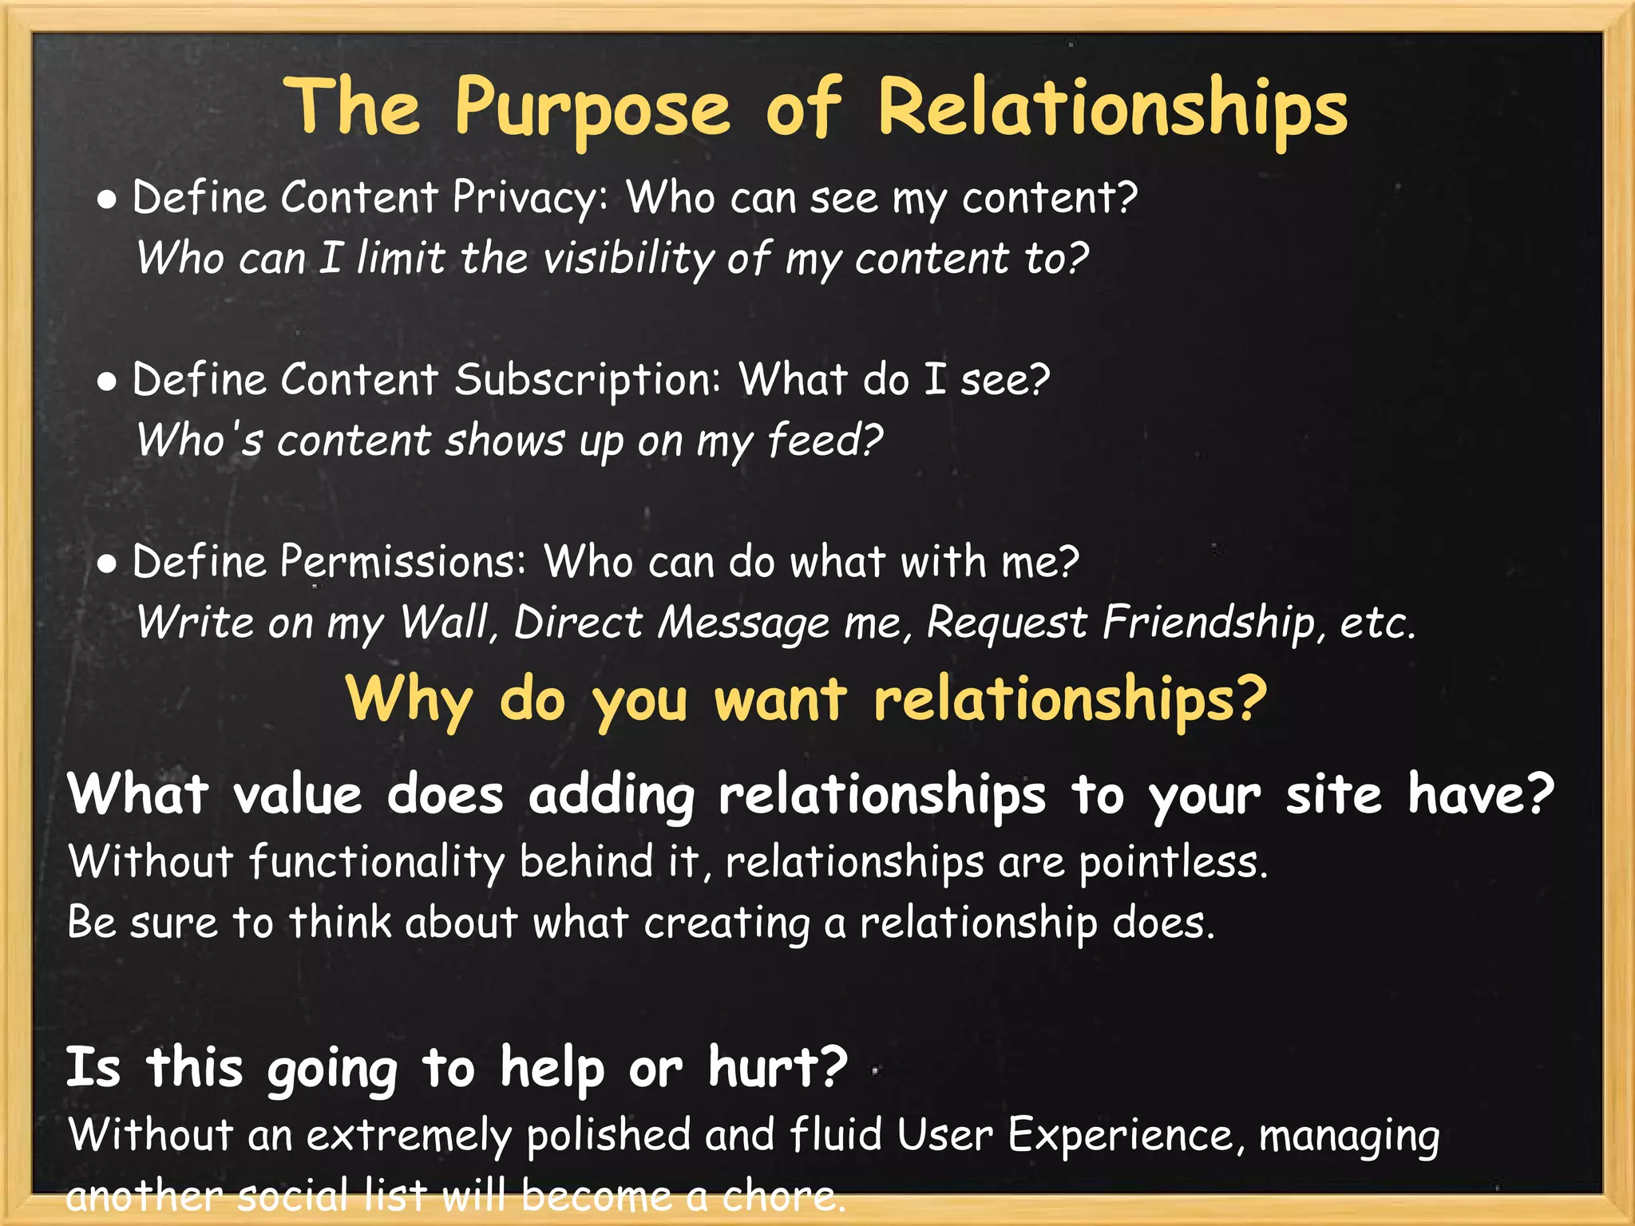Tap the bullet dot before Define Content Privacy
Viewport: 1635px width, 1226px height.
tap(107, 201)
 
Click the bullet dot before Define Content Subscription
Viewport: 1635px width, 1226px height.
tap(107, 382)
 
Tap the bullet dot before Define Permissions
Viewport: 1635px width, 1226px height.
tap(107, 565)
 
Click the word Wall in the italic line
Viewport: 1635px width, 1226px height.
tap(448, 623)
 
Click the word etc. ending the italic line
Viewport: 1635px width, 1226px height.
tap(1377, 623)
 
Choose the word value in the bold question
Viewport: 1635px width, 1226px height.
tap(298, 795)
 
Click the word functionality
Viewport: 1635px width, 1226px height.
tap(376, 863)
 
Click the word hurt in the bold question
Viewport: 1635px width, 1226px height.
tap(776, 1067)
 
